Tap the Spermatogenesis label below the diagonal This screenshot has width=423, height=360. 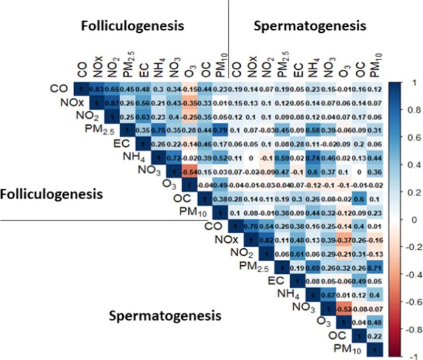tap(165, 316)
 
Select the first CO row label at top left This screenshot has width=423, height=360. tap(58, 89)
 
